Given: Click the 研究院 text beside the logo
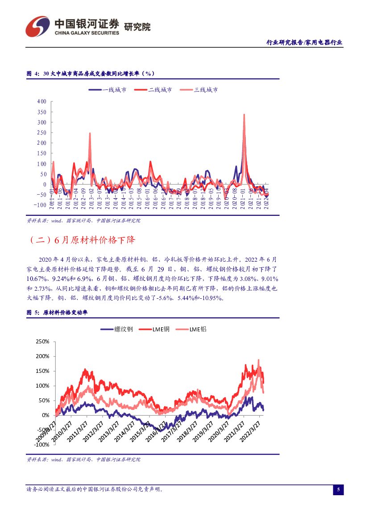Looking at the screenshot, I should click(x=137, y=27).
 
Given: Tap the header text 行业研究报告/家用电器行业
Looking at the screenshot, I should click(x=304, y=42).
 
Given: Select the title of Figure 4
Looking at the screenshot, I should click(x=91, y=74).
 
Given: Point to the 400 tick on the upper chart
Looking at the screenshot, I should click(x=42, y=101).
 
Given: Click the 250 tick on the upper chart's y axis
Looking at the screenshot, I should click(x=42, y=133).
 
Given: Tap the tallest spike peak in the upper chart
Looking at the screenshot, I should click(x=244, y=115).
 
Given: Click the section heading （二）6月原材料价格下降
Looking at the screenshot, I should click(x=81, y=240).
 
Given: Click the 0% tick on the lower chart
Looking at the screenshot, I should click(x=45, y=415).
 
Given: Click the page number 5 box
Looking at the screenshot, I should click(x=338, y=490).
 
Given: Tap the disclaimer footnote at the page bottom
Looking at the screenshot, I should click(x=95, y=489).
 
